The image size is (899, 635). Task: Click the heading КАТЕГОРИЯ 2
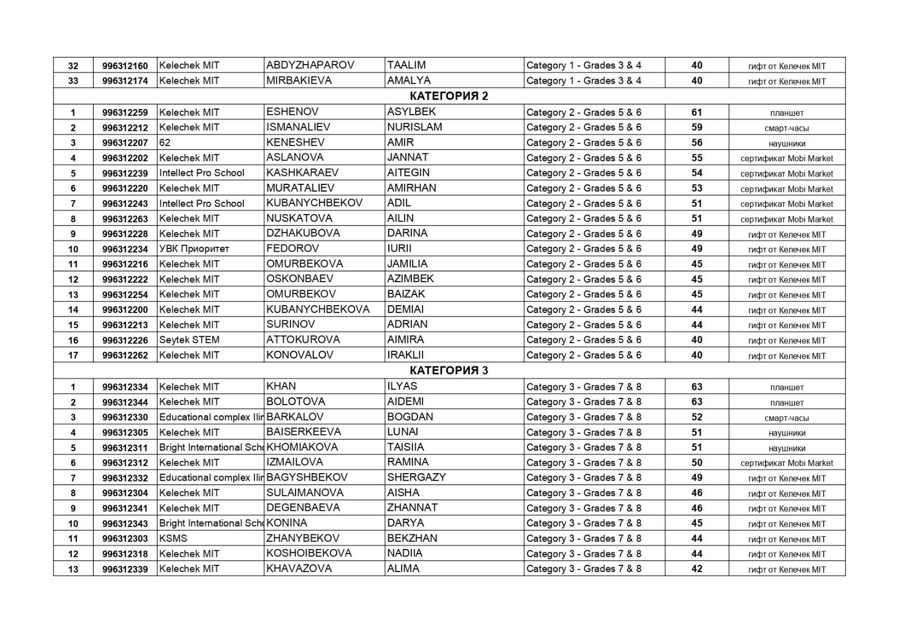coord(448,96)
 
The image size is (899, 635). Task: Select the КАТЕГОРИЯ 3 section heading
coord(448,370)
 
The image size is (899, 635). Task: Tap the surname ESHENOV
coord(292,112)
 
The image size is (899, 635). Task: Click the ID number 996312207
coord(125,143)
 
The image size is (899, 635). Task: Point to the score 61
coord(697,112)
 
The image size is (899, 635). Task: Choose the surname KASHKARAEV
coord(302,173)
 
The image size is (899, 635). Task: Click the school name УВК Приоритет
coord(194,249)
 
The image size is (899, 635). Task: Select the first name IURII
coord(399,248)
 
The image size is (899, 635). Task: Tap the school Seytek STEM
coord(189,340)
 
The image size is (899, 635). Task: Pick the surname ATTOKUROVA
coord(303,339)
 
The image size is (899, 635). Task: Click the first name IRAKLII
coord(405,355)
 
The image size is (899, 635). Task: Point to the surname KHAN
coord(281,386)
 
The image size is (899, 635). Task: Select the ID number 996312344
coord(125,402)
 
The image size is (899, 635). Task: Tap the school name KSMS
coord(173,538)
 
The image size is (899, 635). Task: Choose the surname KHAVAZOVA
coord(299,568)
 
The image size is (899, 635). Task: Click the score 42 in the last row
coord(697,569)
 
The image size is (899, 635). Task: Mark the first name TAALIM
coord(406,65)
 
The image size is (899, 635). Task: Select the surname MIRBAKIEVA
coord(299,80)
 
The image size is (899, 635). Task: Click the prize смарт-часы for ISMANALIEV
coord(787,128)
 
